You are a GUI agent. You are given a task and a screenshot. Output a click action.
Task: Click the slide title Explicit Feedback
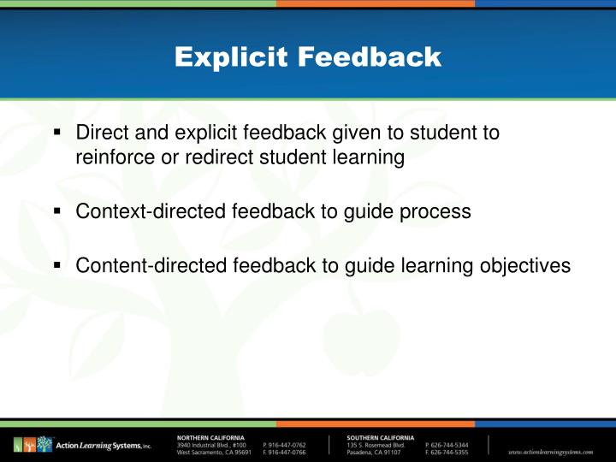(308, 57)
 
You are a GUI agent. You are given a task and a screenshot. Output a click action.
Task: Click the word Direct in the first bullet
(98, 133)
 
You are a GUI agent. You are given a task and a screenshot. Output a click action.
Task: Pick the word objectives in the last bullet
(524, 266)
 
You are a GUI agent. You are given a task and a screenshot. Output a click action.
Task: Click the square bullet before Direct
(56, 133)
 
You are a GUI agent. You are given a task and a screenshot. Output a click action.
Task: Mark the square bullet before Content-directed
(56, 266)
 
